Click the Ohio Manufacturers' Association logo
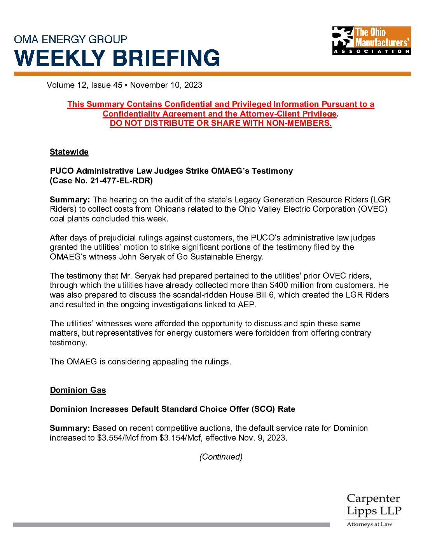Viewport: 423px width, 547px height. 371,40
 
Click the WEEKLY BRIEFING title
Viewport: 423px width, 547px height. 117,58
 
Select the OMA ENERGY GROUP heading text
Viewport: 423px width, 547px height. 70,39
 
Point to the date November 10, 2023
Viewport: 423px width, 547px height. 166,85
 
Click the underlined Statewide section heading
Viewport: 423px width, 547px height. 69,152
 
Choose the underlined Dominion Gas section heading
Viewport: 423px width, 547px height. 78,390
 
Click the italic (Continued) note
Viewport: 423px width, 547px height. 221,457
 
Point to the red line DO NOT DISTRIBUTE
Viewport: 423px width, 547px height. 220,123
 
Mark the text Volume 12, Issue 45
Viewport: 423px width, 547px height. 84,85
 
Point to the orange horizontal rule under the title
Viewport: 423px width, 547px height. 212,74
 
